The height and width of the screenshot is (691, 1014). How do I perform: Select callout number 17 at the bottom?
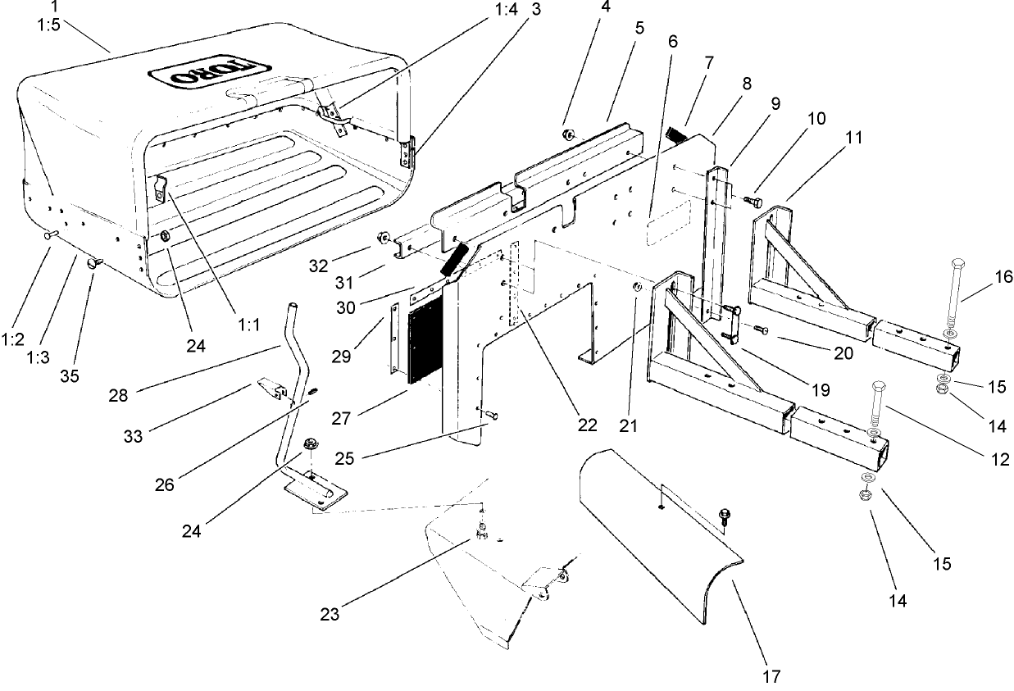(x=770, y=677)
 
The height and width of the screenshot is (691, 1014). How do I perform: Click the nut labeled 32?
(x=382, y=239)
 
